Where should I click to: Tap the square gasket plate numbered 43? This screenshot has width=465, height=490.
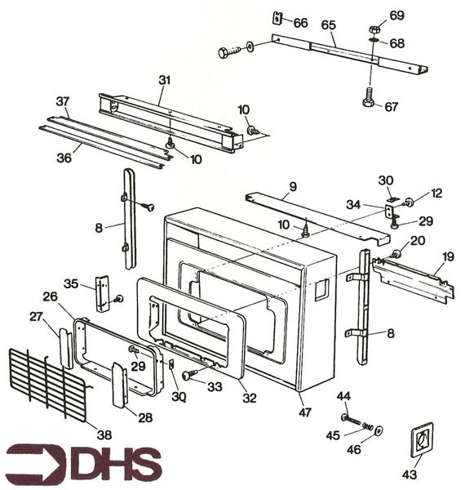[421, 441]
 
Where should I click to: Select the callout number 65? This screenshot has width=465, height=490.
[328, 25]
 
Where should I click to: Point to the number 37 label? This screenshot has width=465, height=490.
[62, 100]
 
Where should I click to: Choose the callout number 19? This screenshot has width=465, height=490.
[447, 257]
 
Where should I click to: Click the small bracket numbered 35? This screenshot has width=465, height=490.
[103, 293]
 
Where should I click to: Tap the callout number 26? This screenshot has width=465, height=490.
[50, 296]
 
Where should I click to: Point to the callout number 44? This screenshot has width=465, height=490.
[343, 396]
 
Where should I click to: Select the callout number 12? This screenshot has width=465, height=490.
[436, 194]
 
